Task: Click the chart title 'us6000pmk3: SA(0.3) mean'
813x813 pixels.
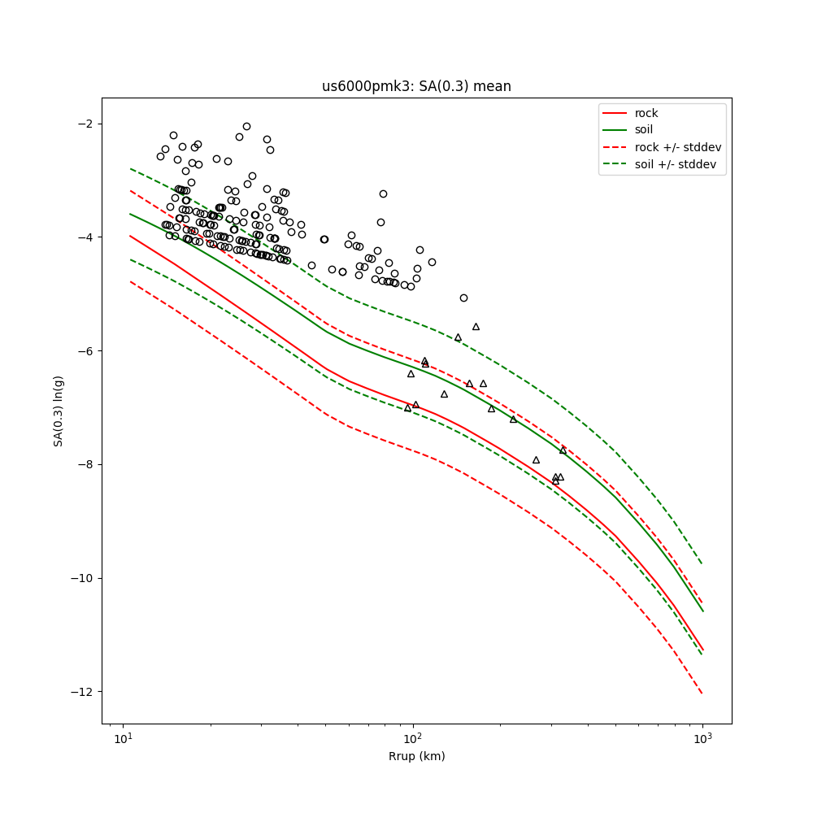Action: (x=416, y=86)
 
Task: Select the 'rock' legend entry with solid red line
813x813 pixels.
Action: (x=646, y=113)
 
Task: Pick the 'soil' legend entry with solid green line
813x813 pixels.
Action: (x=643, y=129)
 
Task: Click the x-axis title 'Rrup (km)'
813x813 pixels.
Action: (x=416, y=756)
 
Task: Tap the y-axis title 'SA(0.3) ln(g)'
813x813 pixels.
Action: (x=59, y=411)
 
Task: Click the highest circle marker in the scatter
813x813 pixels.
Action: (x=246, y=126)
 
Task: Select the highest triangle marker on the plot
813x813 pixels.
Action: (x=476, y=327)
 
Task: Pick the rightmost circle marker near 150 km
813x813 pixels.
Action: (x=463, y=298)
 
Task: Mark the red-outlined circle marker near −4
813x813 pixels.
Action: (x=193, y=231)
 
